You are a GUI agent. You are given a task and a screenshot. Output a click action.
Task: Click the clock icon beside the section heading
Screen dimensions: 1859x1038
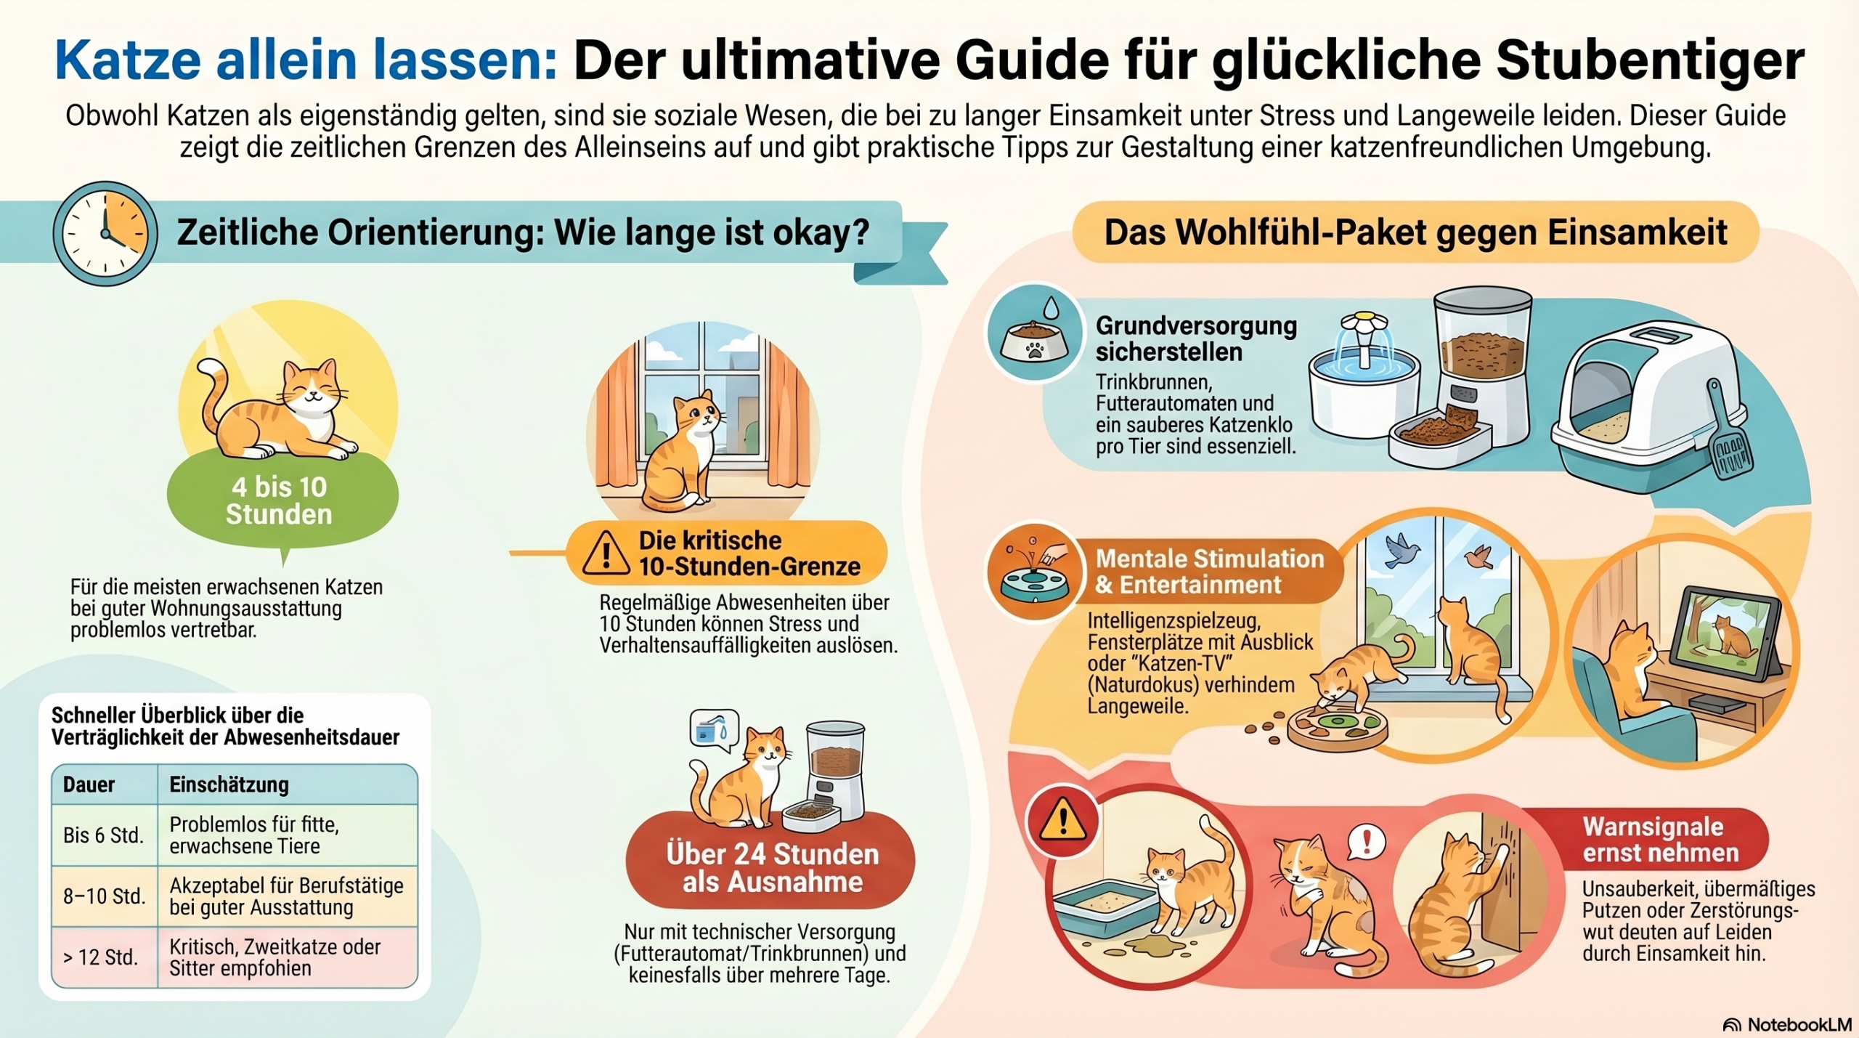(105, 233)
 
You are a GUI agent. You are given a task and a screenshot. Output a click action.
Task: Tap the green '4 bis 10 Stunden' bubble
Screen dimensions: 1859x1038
(282, 500)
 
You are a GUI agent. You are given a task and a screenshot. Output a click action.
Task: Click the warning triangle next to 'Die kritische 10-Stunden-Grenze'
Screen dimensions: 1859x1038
(606, 553)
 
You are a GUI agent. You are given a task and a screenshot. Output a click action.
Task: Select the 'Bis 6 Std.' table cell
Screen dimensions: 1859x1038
(104, 835)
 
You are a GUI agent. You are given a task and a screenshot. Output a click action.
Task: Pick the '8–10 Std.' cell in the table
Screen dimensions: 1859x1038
(104, 896)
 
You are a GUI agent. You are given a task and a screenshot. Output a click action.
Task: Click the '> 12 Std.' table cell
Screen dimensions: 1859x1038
(104, 957)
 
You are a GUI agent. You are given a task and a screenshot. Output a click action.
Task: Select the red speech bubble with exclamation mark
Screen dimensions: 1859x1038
(1366, 843)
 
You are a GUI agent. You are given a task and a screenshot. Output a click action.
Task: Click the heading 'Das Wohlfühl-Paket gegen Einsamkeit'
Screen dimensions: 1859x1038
(1415, 232)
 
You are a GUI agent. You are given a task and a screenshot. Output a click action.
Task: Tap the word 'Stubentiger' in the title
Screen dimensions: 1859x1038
(1651, 61)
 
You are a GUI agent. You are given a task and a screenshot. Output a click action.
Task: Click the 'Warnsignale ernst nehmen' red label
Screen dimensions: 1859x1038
(1661, 840)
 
